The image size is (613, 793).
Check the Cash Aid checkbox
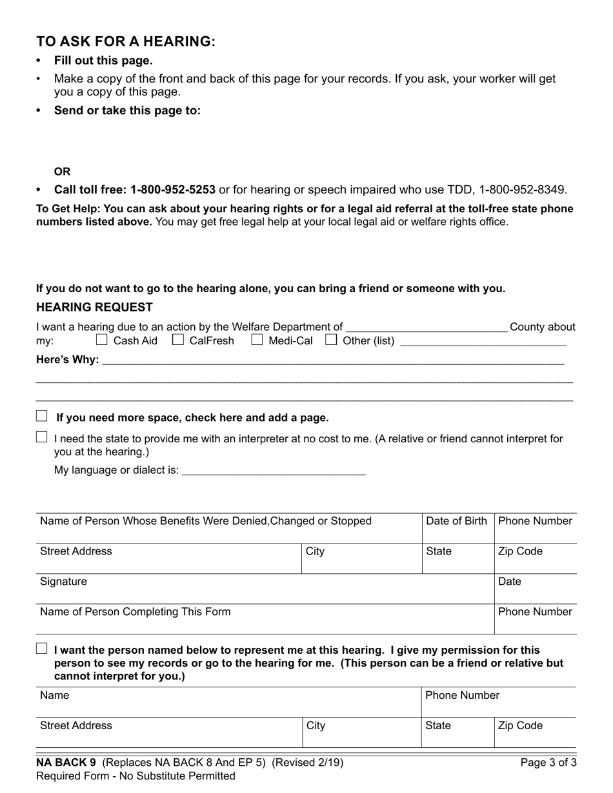[x=102, y=339]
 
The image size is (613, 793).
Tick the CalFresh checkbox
[x=178, y=339]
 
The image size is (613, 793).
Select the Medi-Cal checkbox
[x=257, y=339]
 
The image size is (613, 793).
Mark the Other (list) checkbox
[x=331, y=339]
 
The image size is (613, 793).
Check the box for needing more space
[x=42, y=416]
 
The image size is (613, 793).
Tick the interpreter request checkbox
[x=42, y=437]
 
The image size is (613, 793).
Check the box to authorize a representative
[x=42, y=649]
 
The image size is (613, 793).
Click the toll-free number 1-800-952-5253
[x=173, y=190]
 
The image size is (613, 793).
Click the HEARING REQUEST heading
[x=95, y=308]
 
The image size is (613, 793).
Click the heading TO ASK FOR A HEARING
[x=126, y=42]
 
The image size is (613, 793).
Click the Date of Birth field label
[x=457, y=521]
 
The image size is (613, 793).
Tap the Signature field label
[x=63, y=582]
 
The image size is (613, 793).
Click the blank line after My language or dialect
[x=274, y=471]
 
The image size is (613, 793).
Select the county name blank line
[x=427, y=328]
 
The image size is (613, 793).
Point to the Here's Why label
[x=68, y=359]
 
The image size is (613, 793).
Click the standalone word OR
[x=63, y=171]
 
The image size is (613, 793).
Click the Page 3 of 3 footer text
[x=548, y=763]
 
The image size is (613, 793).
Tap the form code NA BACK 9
[x=66, y=763]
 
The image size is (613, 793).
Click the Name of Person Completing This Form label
[x=135, y=612]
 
